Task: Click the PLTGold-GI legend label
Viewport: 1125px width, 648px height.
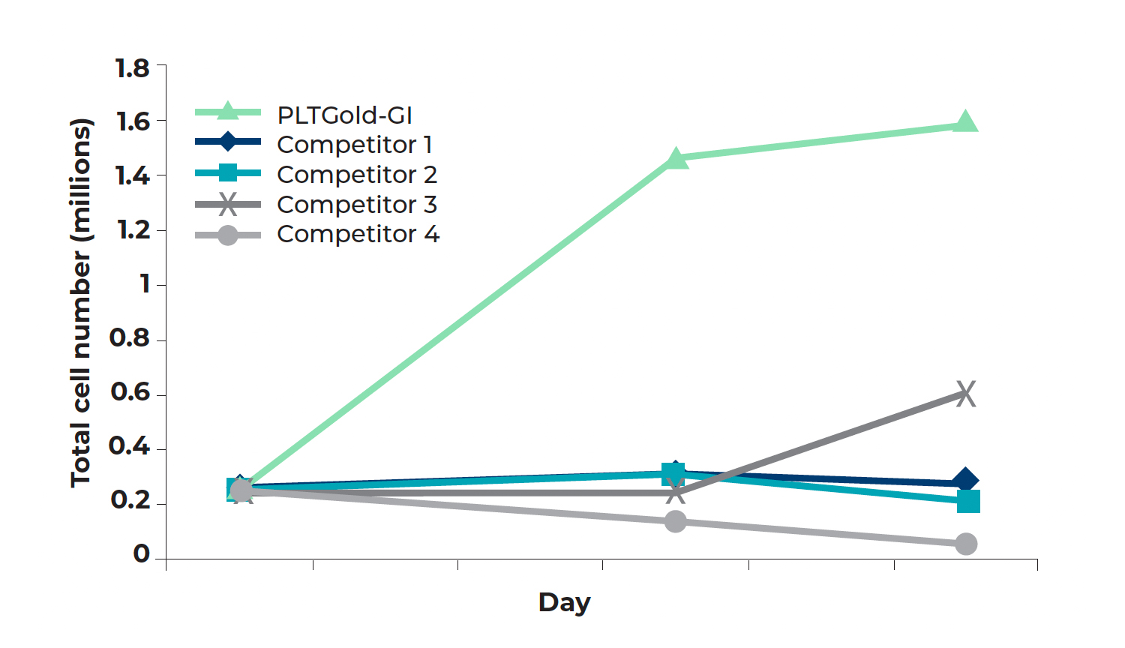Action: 344,115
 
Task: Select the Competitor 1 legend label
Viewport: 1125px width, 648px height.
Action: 354,145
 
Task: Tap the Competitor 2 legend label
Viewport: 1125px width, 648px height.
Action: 356,175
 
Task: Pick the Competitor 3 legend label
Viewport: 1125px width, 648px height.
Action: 356,205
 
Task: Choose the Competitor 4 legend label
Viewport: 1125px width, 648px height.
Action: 357,234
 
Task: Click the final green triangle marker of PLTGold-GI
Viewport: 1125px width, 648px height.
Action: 966,122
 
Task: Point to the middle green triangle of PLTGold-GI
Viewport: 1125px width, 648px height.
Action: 676,158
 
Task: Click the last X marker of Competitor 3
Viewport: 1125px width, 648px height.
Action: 966,394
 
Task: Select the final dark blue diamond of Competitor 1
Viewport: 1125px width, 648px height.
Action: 966,481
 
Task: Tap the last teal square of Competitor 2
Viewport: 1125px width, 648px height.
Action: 968,501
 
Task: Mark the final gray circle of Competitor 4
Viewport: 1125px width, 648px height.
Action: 966,544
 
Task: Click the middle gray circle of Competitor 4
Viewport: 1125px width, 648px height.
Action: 676,521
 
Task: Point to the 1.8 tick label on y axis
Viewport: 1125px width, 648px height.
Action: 133,68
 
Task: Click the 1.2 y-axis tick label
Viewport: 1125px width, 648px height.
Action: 133,230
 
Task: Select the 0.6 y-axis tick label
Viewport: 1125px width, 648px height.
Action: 130,392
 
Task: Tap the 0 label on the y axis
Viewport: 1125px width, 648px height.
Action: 141,554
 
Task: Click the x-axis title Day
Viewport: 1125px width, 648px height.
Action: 564,602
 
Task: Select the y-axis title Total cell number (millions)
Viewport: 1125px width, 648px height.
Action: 81,303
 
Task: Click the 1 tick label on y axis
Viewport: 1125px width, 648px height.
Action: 145,284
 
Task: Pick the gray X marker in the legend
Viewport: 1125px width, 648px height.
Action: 228,204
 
